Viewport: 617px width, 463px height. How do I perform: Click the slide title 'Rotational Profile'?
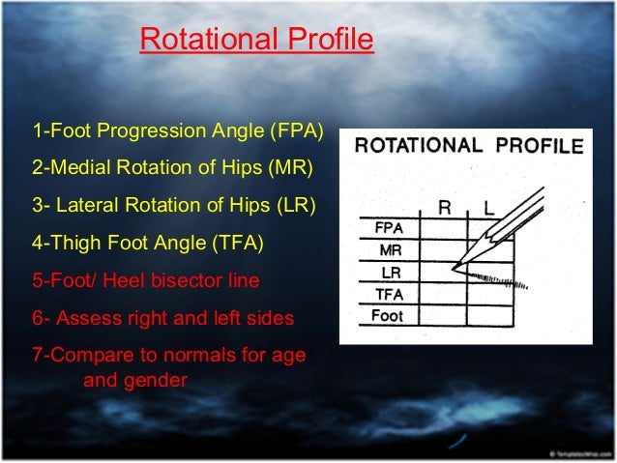(x=256, y=41)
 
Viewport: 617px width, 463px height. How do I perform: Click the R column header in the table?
(x=444, y=207)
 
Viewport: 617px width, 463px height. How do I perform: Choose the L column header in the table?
(x=488, y=207)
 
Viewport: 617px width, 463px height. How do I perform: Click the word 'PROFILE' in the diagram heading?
(x=535, y=147)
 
